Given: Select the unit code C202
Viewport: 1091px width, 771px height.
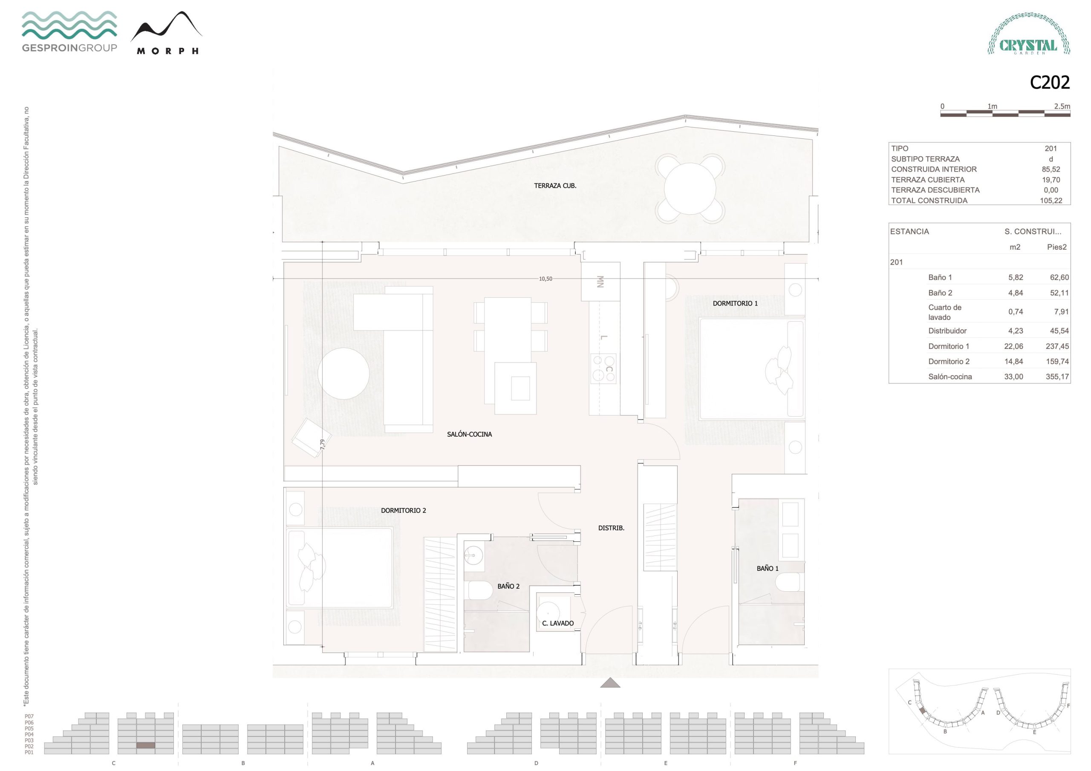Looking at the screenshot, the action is pyautogui.click(x=1050, y=83).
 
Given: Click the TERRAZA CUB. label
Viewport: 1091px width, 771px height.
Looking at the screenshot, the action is pyautogui.click(x=555, y=186).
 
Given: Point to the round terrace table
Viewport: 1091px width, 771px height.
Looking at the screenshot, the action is pyautogui.click(x=690, y=189).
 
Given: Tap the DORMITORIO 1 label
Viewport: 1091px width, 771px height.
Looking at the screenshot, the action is pyautogui.click(x=735, y=303).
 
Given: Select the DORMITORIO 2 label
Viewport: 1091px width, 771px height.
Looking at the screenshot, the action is pyautogui.click(x=404, y=511).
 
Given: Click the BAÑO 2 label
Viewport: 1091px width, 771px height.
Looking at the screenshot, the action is pyautogui.click(x=508, y=586).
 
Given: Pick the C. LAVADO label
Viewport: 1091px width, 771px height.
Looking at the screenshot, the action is pyautogui.click(x=558, y=623).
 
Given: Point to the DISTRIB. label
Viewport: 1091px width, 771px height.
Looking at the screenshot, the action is pyautogui.click(x=611, y=528).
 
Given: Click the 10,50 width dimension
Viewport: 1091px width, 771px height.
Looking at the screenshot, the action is pyautogui.click(x=545, y=279).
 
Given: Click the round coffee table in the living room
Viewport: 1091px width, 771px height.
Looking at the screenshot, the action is pyautogui.click(x=343, y=374).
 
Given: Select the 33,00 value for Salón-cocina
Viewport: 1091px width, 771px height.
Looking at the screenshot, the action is pyautogui.click(x=1013, y=377).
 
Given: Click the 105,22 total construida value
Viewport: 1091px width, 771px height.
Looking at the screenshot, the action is pyautogui.click(x=1051, y=201).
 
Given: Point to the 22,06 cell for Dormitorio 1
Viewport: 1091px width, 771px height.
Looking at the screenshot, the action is pyautogui.click(x=1013, y=346).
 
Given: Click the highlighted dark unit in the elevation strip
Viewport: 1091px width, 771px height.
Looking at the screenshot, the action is pyautogui.click(x=146, y=746).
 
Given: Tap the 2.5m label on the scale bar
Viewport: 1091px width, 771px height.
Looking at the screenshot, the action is pyautogui.click(x=1062, y=106).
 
